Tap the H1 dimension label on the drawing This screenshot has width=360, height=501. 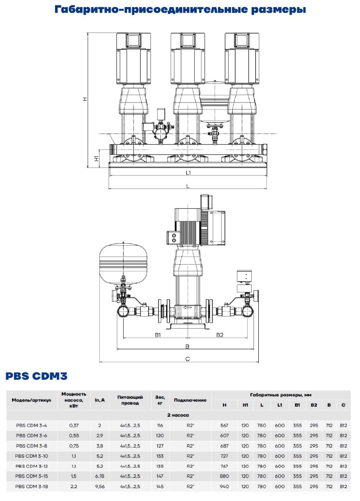(x=96, y=158)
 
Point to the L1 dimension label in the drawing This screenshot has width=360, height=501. (x=188, y=173)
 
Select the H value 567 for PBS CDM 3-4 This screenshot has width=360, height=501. (x=224, y=424)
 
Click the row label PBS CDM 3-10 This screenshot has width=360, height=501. (x=31, y=455)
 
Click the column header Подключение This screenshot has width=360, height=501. (x=190, y=400)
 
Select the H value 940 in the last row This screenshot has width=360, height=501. (x=224, y=486)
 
